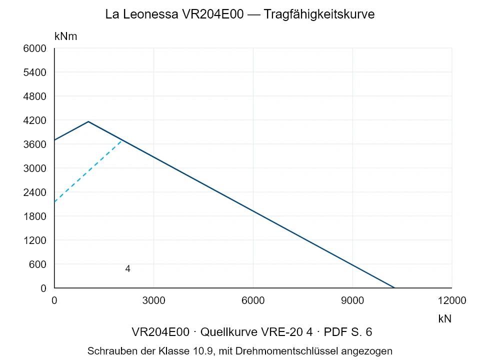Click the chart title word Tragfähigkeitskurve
tap(319, 14)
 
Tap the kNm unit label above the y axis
tap(66, 36)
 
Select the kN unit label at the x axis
tap(445, 318)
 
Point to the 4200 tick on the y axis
tap(35, 120)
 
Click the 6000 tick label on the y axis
tap(35, 48)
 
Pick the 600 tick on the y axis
tap(37, 264)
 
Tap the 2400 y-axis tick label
tap(35, 192)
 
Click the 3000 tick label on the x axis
tap(153, 300)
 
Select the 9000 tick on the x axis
tap(352, 300)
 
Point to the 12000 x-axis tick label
tap(452, 300)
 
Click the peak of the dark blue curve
tap(88, 122)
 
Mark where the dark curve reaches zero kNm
tap(394, 288)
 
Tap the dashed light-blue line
tap(88, 171)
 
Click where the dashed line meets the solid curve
tap(122, 140)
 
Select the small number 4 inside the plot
tap(127, 269)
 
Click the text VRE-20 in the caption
tap(282, 332)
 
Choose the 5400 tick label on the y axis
tap(35, 72)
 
